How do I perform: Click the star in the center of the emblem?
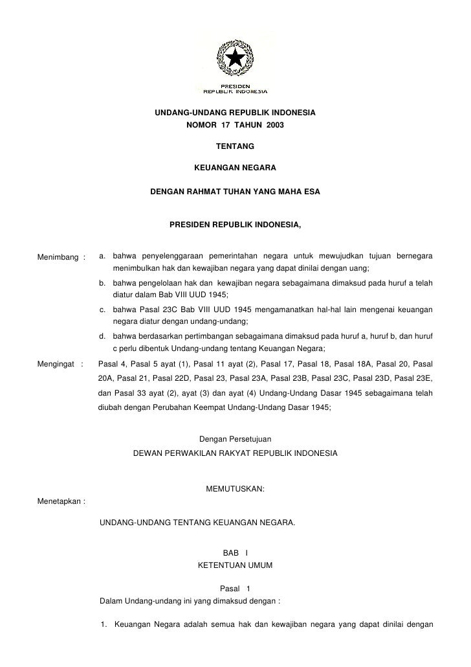(235, 58)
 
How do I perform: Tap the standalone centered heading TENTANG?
(235, 147)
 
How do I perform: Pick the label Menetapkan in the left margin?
(60, 501)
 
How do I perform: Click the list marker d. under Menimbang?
(103, 337)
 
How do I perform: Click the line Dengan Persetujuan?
(235, 440)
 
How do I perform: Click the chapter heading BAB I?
(235, 552)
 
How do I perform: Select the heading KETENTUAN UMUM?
(235, 565)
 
